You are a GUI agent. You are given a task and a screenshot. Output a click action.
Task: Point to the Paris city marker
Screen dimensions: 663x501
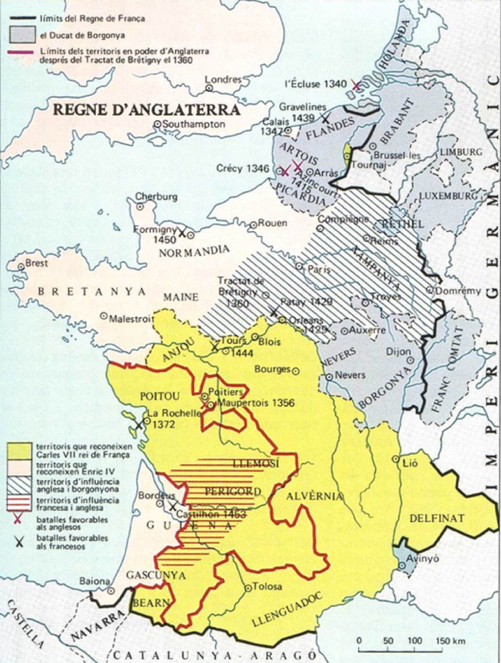point(299,266)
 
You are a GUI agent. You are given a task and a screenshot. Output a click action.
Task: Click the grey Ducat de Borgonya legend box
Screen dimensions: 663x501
point(23,35)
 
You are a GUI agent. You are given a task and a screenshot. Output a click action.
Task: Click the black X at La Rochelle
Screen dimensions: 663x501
point(139,425)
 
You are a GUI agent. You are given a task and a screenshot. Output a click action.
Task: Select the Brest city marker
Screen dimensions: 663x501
point(21,266)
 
